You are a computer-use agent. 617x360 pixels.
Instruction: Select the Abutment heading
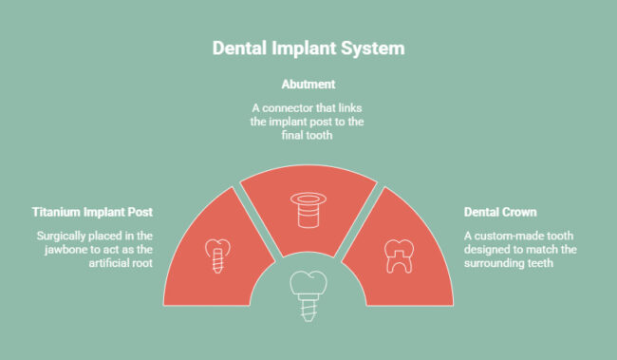click(308, 84)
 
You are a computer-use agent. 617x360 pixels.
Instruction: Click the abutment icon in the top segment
click(307, 210)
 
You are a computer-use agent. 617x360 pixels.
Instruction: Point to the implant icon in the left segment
click(217, 252)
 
